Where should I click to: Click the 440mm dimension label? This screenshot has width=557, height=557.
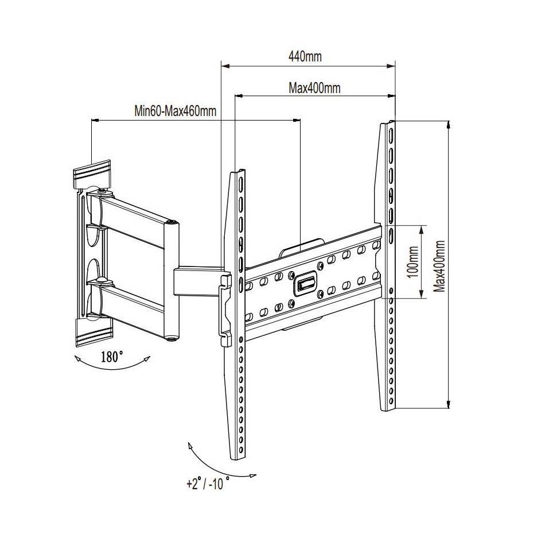click(x=305, y=57)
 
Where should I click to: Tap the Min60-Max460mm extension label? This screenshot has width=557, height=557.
click(x=176, y=111)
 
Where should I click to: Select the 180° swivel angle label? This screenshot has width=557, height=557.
click(x=112, y=356)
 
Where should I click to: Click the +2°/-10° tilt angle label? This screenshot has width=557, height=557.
click(x=208, y=483)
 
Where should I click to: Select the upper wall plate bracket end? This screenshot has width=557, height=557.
click(x=92, y=172)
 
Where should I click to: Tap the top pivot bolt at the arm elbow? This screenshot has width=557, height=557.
click(x=170, y=222)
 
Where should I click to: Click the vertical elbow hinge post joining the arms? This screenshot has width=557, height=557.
click(x=170, y=281)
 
